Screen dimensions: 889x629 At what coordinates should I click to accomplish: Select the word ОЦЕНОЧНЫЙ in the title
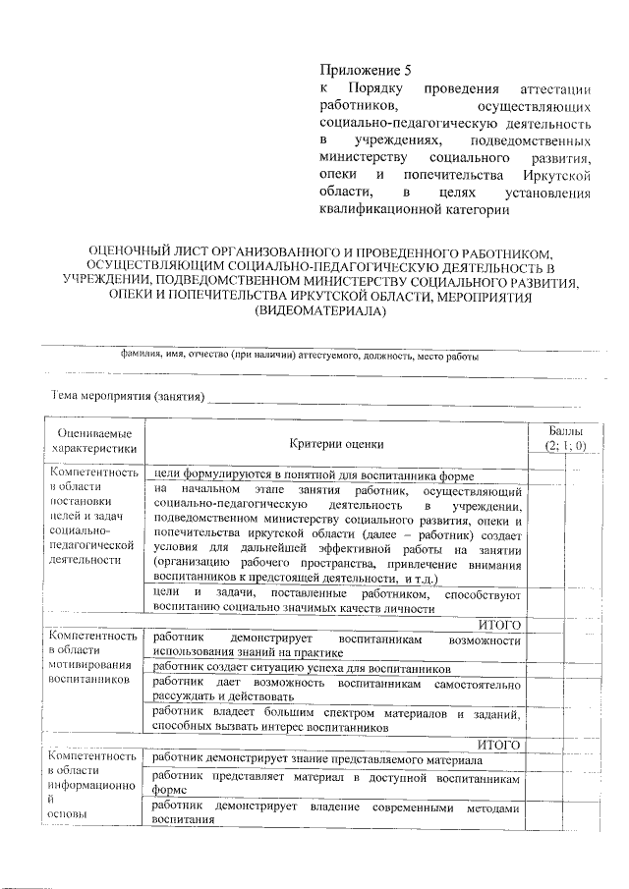[127, 251]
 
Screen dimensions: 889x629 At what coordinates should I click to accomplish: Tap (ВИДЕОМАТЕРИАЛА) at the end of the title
[314, 312]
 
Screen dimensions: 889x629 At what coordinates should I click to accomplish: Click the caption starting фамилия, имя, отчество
[300, 357]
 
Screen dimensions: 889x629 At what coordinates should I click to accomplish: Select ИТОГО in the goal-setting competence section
[497, 624]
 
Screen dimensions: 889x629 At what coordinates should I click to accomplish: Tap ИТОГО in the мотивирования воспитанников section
[497, 746]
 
